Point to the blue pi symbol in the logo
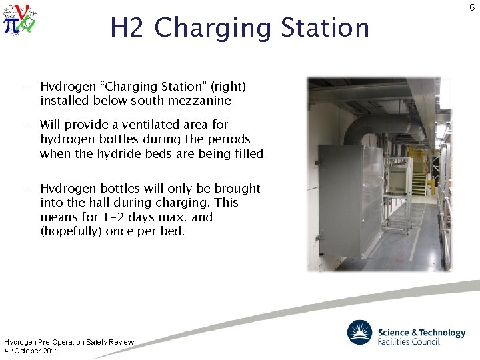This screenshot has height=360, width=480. pos(11,24)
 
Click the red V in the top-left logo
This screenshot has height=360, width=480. pos(22,12)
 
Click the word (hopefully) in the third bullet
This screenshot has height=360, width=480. pos(72,231)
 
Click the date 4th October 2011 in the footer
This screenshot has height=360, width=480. pos(31,351)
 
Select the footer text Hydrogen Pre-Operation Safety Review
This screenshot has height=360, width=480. pos(69,342)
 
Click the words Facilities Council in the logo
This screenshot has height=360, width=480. pos(409,341)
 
